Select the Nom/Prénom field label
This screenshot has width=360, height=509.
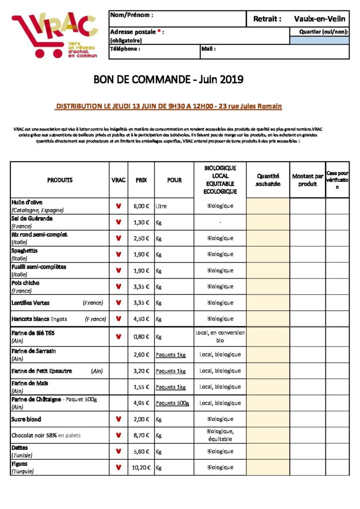click(x=131, y=15)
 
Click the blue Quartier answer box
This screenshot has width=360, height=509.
click(x=319, y=40)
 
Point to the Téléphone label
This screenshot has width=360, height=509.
click(x=125, y=49)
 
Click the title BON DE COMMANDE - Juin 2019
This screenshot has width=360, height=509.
click(x=169, y=80)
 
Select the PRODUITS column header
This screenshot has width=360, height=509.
click(x=60, y=180)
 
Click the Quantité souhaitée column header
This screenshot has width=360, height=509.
click(x=268, y=180)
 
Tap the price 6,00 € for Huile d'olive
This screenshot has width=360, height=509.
click(x=141, y=206)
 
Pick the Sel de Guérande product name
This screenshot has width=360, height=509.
click(x=32, y=218)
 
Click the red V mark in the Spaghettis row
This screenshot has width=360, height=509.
click(x=118, y=254)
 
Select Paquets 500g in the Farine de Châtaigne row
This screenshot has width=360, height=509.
click(x=172, y=403)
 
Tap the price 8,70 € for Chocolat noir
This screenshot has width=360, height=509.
click(x=141, y=435)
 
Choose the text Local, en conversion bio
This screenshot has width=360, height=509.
click(x=220, y=337)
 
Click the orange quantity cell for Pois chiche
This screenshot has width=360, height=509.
click(x=268, y=287)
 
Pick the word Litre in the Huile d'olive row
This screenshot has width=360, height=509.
click(x=161, y=206)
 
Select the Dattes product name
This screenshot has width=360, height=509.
click(x=19, y=448)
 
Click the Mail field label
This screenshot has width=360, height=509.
click(x=208, y=49)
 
